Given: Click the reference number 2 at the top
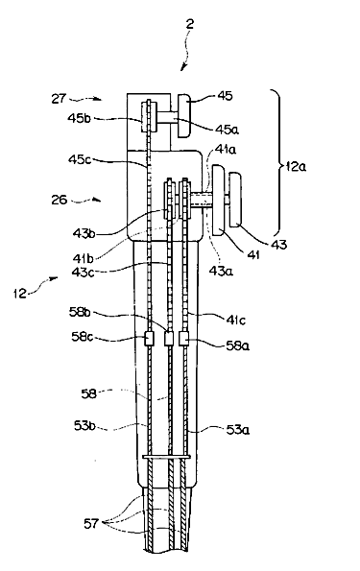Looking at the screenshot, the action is coord(189,24).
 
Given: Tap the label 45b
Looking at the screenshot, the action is coord(79,118).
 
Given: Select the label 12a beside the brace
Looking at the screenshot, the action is coord(297,166).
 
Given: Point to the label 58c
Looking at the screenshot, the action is coord(82,337).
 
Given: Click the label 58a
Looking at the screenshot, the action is coord(238,345).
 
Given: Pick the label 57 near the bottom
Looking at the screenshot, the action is coord(91,523).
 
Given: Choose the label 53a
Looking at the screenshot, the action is coord(237,430).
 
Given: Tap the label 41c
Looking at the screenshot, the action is coord(235,320).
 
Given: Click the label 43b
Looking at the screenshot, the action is coord(84,233).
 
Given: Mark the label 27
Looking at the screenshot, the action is coord(59,98).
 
